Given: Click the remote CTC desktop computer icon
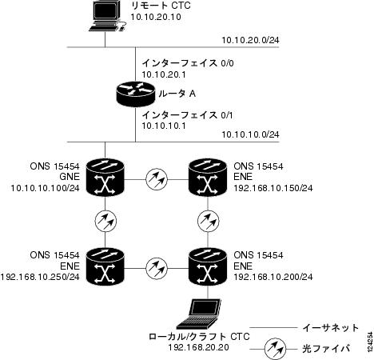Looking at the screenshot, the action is tap(106, 16).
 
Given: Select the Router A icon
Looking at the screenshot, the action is tap(136, 94).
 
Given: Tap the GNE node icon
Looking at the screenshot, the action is tap(105, 178).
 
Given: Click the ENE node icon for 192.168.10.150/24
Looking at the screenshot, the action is tap(208, 178).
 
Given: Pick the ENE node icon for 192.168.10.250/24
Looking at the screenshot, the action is tap(105, 266).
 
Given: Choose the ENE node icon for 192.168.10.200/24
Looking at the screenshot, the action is tap(208, 266).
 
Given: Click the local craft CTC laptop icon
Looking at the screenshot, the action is tap(199, 314).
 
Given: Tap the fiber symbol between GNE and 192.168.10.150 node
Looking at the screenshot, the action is tap(157, 179).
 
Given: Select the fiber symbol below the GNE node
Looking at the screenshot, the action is tap(105, 222).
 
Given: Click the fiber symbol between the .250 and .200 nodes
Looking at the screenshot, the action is tap(157, 268).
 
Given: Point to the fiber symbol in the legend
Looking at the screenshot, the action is tap(275, 349).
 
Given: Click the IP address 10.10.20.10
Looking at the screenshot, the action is tap(156, 17).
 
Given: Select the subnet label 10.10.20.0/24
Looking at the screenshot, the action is tap(250, 40).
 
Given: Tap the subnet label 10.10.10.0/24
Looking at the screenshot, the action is tap(250, 134).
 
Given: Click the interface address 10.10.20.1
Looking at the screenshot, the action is tap(164, 74).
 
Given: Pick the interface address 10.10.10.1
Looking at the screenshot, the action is tap(164, 126).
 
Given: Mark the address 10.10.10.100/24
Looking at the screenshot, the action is tap(46, 188).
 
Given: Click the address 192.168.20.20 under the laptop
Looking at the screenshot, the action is tap(198, 347).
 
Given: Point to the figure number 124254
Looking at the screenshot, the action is tap(370, 342).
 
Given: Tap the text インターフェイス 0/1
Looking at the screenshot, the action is tap(187, 115).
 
